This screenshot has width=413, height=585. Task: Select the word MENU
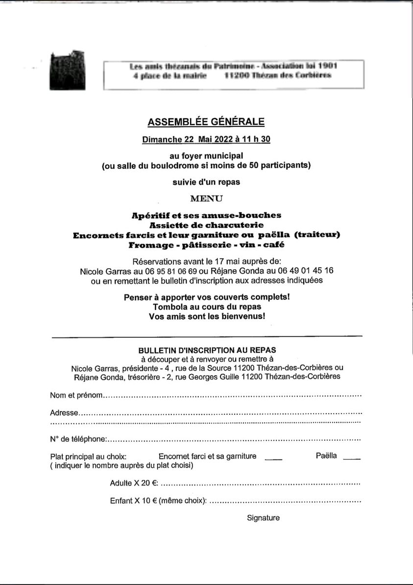point(206,198)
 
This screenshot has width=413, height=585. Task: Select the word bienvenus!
point(243,316)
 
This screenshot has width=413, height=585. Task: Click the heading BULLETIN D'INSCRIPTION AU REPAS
point(207,350)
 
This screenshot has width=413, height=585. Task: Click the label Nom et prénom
point(77,395)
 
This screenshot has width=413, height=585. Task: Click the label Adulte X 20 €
point(134,483)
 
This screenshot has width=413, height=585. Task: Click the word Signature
point(263,518)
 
